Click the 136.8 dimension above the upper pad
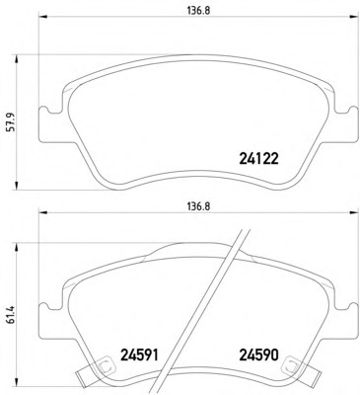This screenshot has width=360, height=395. (198, 11)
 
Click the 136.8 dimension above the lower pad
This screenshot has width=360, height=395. (198, 206)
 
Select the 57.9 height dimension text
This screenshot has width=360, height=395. (12, 122)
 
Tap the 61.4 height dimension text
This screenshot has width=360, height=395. (12, 315)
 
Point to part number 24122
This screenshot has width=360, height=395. (259, 159)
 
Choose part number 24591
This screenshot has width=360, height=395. (140, 355)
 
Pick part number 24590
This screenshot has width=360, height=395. (259, 355)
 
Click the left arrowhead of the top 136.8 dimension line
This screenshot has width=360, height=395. (43, 16)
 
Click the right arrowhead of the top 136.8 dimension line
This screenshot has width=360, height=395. (354, 16)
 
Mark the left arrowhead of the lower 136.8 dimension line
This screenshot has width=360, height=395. (43, 212)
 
